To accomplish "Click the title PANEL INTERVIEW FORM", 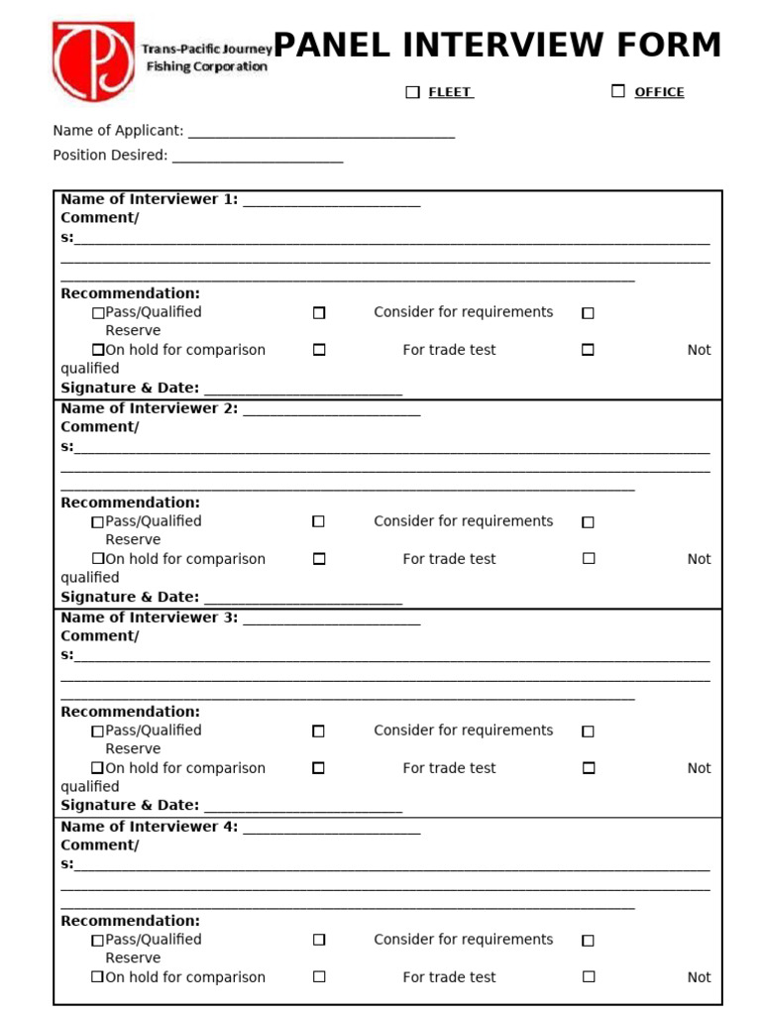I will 496,46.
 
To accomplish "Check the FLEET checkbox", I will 413,92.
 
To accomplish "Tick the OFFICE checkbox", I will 618,91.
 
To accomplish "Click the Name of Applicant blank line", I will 321,132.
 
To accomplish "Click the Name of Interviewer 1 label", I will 149,199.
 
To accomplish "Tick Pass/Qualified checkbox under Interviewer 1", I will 98,313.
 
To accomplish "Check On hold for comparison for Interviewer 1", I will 98,350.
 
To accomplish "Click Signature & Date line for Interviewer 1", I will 302,390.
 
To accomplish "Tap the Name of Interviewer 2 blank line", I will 331,409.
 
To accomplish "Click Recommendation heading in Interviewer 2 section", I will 130,503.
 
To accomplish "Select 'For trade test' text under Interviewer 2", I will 449,559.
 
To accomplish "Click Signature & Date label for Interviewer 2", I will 130,597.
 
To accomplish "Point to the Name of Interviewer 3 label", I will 149,618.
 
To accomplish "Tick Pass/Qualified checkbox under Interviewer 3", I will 98,732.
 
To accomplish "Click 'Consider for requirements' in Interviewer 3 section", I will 463,731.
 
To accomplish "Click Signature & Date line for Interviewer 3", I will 302,808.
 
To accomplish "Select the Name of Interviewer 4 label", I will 149,827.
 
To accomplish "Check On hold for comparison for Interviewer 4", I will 98,977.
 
